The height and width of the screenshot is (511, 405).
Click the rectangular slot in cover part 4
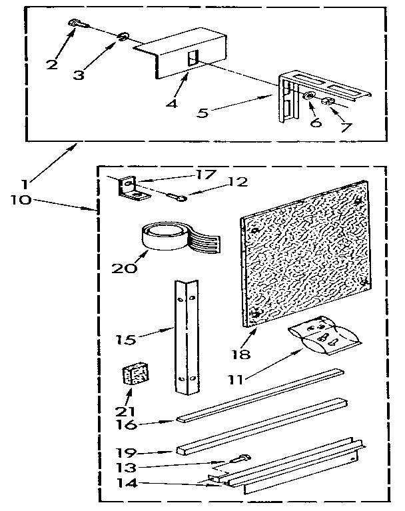click(193, 56)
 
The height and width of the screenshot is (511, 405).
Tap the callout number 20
click(125, 269)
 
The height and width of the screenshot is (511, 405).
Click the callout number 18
click(244, 354)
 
